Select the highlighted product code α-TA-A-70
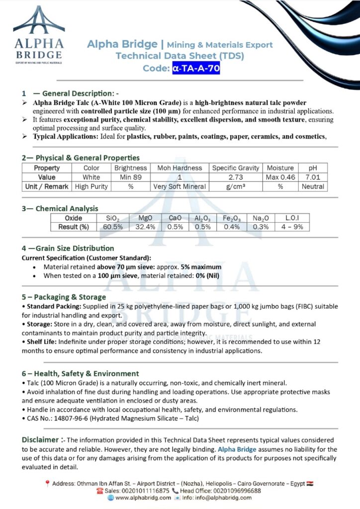196,69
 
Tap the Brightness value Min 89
130,177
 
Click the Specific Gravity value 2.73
236,177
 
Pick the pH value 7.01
313,177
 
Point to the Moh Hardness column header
180,168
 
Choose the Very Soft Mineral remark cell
180,187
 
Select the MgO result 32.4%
146,227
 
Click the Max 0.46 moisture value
280,177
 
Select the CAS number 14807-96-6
71,419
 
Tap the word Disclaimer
40,440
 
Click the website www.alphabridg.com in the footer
143,498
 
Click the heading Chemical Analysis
67,209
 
